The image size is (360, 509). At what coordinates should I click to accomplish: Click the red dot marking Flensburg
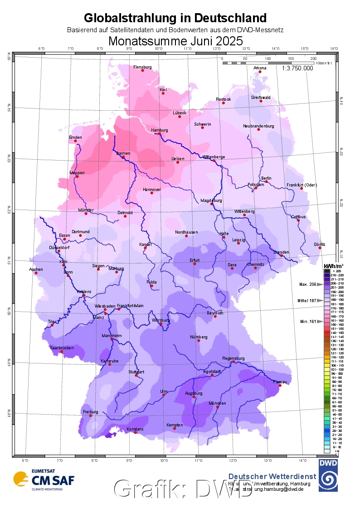coord(143,70)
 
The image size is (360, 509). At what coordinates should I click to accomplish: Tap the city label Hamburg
coord(159,130)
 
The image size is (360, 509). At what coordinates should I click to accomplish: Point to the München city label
coord(217,403)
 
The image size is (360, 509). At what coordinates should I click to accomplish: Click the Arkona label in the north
coord(260,68)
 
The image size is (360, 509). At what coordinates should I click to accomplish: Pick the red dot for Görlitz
coord(320,248)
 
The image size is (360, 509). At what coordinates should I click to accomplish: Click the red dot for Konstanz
coord(135,432)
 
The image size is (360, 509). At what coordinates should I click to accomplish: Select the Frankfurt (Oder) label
coord(302,185)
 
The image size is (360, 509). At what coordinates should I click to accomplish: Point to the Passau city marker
coord(280,386)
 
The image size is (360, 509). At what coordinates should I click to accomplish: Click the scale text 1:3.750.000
coord(297,68)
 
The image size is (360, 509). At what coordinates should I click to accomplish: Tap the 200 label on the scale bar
coord(313,59)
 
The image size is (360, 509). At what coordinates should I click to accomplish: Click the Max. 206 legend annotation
coord(307,284)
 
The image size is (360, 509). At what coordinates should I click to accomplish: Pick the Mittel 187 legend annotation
coord(307,300)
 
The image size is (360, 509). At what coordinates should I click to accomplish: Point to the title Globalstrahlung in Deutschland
coord(175,18)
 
